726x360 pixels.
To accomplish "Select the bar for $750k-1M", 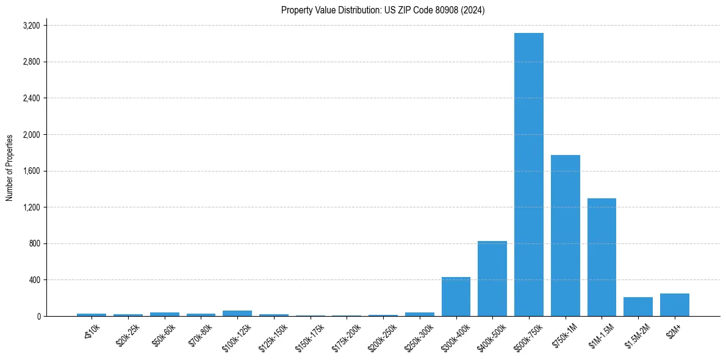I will [565, 236].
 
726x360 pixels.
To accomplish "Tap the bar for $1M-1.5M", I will [602, 257].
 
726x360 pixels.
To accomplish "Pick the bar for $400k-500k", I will [492, 278].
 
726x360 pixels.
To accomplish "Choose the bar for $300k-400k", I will [456, 297].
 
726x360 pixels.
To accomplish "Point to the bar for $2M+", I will [674, 305].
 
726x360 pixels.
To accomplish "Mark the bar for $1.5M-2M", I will [638, 307].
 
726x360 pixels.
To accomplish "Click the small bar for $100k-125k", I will [237, 313].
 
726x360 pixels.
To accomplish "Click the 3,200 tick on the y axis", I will [31, 26].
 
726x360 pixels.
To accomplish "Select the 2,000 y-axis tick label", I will [31, 135].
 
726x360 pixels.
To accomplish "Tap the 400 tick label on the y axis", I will [35, 280].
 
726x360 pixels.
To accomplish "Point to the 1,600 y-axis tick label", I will [31, 171].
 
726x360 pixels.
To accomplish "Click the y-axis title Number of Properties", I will [10, 168].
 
